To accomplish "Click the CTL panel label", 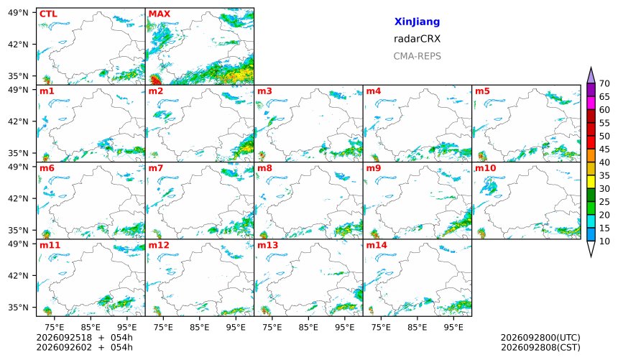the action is click(48, 14).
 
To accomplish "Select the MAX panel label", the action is click(160, 14).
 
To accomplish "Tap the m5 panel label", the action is click(482, 91).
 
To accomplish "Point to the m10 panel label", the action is click(486, 168).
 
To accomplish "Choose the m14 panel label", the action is click(377, 245).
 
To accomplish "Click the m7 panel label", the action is click(156, 168).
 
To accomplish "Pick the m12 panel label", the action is click(159, 245).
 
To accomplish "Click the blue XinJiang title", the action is click(417, 22).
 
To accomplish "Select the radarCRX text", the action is click(417, 39).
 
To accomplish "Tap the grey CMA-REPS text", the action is click(417, 56).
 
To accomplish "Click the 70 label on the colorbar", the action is click(604, 83).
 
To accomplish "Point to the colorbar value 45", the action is click(604, 149).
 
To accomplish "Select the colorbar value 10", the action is click(604, 241).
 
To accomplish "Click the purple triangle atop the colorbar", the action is click(591, 75).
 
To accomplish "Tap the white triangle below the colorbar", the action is click(591, 249).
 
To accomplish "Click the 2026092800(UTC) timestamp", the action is click(540, 338).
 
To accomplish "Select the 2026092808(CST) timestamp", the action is click(540, 347).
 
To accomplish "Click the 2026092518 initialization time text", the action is click(64, 338).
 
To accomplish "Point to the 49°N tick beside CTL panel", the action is click(18, 13).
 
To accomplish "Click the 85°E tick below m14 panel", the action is click(418, 327).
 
